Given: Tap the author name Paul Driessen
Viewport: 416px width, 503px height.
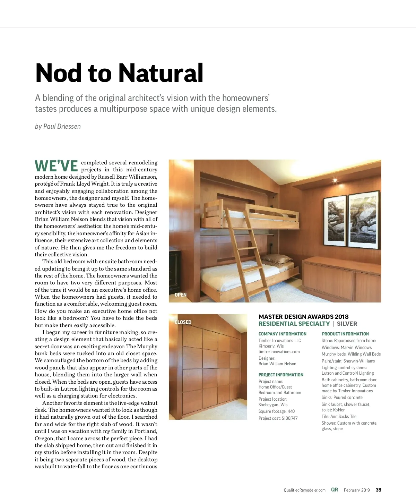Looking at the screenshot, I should click(x=62, y=127).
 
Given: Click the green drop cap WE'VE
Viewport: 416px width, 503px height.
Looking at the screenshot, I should click(x=56, y=166).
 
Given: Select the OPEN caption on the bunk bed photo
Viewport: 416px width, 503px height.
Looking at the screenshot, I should click(x=181, y=295).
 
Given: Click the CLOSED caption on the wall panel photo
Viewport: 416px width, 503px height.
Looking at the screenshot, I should click(x=183, y=322).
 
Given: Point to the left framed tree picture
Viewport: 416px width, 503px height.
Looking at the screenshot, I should click(x=335, y=221).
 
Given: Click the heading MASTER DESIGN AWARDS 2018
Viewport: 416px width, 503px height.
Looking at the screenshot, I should click(x=303, y=317).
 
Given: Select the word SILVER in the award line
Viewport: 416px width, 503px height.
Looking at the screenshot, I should click(x=347, y=324).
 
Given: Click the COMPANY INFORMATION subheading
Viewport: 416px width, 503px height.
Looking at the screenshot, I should click(x=282, y=334).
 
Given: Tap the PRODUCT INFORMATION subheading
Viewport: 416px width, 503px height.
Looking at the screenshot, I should click(x=345, y=334).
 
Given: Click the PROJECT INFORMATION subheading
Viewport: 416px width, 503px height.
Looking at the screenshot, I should click(x=281, y=375).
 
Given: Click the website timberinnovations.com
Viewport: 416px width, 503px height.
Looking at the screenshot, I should click(x=279, y=352).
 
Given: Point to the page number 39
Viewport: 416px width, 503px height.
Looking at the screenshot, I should click(x=379, y=490).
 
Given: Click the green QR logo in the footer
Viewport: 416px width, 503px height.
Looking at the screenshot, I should click(x=335, y=490).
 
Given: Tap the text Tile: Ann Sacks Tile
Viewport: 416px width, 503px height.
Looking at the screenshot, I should click(x=339, y=417).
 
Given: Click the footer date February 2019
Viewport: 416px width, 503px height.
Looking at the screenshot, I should click(x=357, y=490).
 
